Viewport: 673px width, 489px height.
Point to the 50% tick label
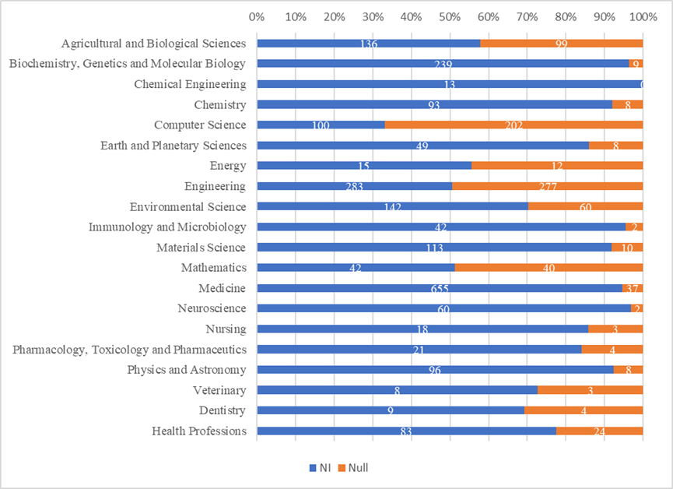point(449,16)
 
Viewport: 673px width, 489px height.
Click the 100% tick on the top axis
point(640,16)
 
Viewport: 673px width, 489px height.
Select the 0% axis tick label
point(257,16)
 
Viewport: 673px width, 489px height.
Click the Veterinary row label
point(219,390)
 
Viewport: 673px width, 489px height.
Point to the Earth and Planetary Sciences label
point(174,146)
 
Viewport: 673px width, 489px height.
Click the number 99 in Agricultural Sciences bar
point(560,44)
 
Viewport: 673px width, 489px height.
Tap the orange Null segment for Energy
point(557,166)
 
